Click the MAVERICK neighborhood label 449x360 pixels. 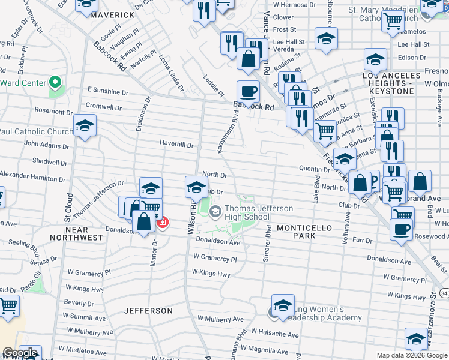tap(112, 14)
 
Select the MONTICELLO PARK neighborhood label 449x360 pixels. tap(304, 232)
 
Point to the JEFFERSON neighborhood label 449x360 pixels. tap(148, 311)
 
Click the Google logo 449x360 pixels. tap(20, 353)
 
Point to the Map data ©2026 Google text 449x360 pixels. tap(411, 355)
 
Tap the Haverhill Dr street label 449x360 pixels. tap(176, 145)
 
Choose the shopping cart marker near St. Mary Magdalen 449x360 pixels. tap(393, 22)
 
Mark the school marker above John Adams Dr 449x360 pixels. tap(85, 125)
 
